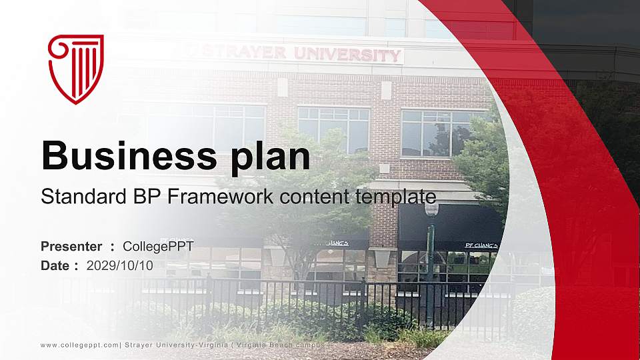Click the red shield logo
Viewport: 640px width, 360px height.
coord(76,69)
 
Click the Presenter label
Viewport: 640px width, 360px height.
coord(71,247)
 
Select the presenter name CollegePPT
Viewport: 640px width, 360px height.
coord(159,247)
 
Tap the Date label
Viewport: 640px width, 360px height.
coord(56,265)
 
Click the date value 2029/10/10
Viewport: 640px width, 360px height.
coord(120,265)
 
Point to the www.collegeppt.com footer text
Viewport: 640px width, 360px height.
coord(79,344)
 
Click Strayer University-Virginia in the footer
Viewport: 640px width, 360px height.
coord(175,344)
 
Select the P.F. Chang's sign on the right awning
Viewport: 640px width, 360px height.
coord(481,245)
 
